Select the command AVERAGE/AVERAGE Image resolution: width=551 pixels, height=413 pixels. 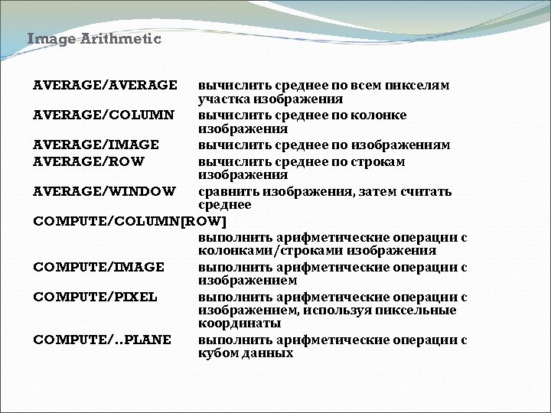105,85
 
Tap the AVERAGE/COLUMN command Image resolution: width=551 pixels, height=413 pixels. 103,115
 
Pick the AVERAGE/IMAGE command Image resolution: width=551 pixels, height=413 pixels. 96,145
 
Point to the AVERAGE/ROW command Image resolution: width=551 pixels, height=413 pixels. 89,161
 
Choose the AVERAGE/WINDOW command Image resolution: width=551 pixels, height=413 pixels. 104,190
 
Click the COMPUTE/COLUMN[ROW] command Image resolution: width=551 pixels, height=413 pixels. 130,221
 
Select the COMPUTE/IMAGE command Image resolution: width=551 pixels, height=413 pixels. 99,266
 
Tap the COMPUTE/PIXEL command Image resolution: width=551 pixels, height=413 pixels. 95,296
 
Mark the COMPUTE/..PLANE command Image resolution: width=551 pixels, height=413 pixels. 102,340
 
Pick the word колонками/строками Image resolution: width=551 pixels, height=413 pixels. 271,250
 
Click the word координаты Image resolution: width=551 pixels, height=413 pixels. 233,324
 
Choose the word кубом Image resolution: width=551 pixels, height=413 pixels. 218,354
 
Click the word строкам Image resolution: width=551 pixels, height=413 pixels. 377,161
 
